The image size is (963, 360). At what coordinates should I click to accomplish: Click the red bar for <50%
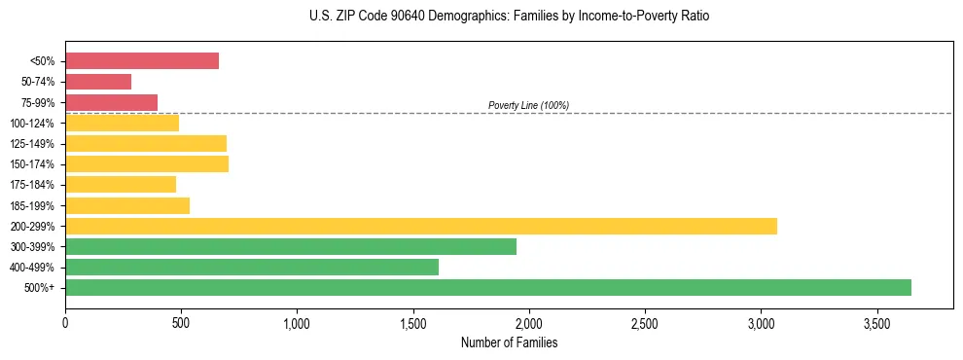142,61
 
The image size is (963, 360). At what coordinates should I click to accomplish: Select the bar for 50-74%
98,82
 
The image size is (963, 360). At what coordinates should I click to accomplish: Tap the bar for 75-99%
111,102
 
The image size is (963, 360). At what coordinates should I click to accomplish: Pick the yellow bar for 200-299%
421,226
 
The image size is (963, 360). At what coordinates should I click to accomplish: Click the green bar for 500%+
488,287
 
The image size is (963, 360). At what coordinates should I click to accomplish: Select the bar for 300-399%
291,246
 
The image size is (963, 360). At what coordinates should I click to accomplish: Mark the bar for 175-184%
121,184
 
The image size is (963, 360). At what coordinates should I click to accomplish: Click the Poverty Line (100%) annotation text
528,105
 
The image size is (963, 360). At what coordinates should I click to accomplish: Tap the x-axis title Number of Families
509,342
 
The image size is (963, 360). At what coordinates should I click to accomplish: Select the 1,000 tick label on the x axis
297,322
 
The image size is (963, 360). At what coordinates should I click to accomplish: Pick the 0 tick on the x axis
65,322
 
